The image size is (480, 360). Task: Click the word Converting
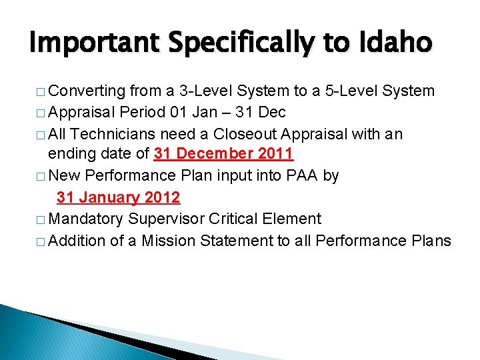click(x=87, y=91)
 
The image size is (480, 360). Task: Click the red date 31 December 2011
click(x=223, y=155)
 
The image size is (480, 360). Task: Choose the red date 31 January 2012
click(x=119, y=197)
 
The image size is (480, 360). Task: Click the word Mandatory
click(x=87, y=219)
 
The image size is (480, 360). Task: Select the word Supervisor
click(x=170, y=219)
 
